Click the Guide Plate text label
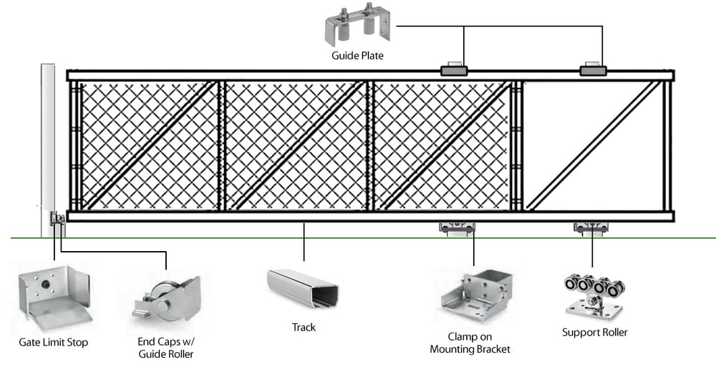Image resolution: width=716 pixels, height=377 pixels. pos(357,55)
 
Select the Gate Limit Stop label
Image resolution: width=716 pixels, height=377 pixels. pos(54,343)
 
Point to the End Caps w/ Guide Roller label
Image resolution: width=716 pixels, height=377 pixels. pos(165,348)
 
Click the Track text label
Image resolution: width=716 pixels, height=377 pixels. pos(304,328)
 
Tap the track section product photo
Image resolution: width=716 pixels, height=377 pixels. pos(304,290)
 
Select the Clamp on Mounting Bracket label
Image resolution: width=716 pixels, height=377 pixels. pos(470,343)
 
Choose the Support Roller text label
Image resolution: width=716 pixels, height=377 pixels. pos(594,333)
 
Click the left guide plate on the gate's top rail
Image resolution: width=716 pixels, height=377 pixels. pos(453,69)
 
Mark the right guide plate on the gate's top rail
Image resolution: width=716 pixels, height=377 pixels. pos(593,69)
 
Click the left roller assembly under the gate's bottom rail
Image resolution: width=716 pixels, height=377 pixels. pos(457,228)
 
